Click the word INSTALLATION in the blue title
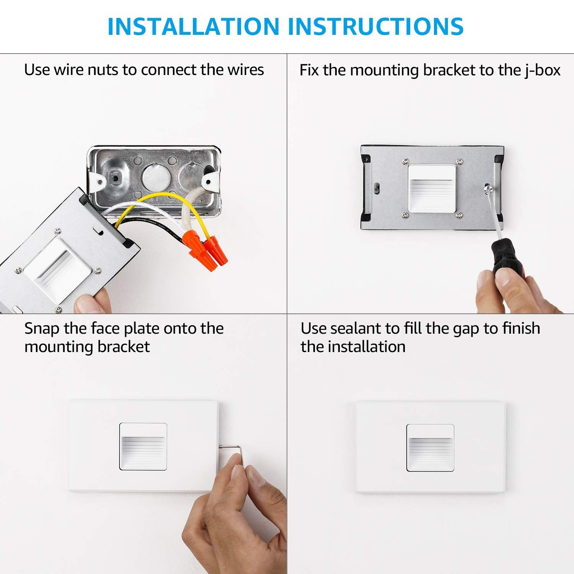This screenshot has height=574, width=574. tap(194, 26)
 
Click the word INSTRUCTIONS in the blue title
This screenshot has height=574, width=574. tap(376, 26)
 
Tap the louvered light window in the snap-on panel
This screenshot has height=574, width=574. tap(143, 447)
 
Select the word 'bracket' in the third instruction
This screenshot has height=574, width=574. tap(124, 347)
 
